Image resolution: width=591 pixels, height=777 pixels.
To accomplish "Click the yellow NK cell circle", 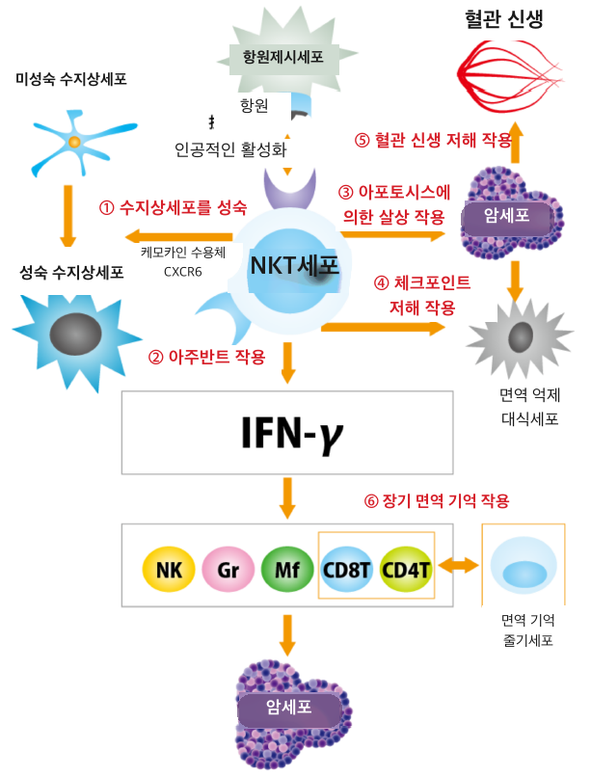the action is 169,570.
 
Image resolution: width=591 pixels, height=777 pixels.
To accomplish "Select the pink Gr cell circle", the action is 228,570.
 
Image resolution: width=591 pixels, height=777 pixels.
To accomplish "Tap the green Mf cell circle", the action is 287,570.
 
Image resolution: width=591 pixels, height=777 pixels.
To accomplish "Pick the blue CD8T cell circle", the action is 346,570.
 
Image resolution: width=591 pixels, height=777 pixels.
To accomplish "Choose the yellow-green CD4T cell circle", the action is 406,570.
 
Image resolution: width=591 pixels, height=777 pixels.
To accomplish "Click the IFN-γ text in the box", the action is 292,433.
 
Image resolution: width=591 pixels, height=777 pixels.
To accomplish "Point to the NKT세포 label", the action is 294,265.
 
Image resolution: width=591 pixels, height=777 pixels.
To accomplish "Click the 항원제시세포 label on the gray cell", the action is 282,57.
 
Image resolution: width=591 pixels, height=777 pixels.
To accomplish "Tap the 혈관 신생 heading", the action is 504,19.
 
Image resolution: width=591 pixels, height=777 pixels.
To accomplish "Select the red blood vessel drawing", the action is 510,76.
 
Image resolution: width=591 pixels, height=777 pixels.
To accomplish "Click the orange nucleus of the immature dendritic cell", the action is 74,143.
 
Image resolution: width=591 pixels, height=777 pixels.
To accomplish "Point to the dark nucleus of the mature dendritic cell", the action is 75,334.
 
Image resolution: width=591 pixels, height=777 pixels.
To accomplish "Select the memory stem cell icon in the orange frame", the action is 524,566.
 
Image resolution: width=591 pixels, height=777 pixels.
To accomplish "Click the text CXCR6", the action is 183,272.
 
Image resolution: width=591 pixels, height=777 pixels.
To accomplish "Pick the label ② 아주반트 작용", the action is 207,357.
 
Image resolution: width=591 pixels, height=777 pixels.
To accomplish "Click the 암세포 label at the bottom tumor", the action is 289,707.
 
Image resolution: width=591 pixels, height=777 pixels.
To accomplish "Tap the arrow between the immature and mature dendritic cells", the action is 67,216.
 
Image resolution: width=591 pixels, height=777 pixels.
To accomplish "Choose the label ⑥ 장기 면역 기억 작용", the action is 437,501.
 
